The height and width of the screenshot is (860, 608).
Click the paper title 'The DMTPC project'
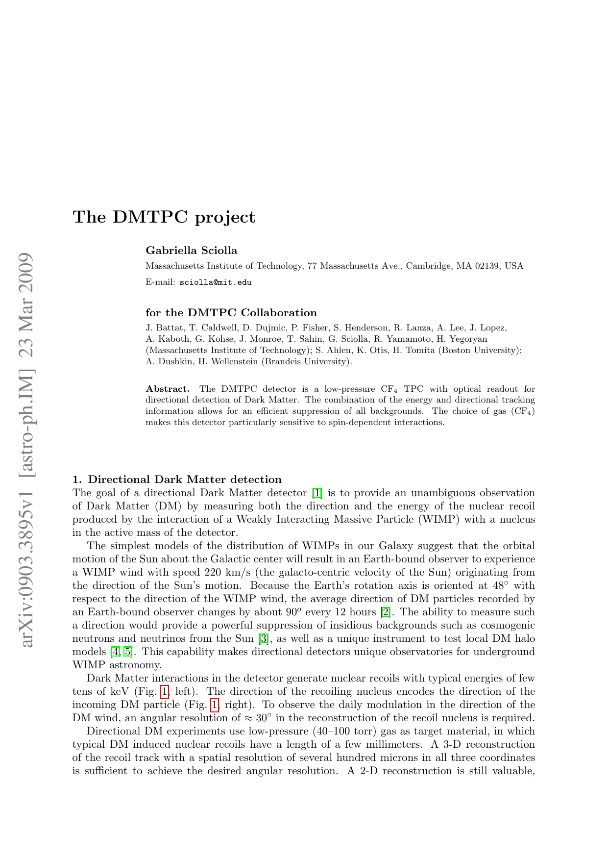(x=164, y=217)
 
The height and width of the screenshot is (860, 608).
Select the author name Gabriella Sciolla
(x=192, y=251)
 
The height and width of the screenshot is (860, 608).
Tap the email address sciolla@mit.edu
(x=216, y=282)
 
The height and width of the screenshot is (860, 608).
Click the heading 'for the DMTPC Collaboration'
(x=231, y=313)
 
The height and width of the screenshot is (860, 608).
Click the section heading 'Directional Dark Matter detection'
(x=185, y=479)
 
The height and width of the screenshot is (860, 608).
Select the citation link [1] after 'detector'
(x=317, y=493)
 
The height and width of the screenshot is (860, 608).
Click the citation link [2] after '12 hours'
(x=386, y=612)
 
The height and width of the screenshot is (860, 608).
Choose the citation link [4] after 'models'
(x=115, y=652)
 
